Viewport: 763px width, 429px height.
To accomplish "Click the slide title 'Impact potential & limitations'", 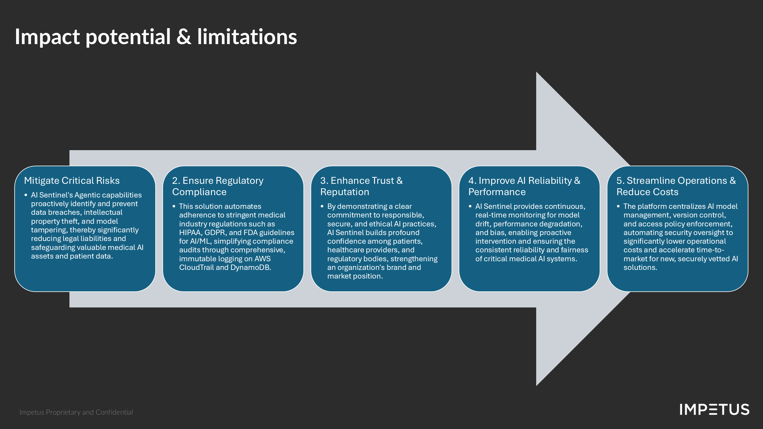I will (x=156, y=37).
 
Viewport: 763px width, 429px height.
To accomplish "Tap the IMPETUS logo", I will (x=714, y=410).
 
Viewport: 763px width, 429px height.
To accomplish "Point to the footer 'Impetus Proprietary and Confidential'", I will (x=76, y=412).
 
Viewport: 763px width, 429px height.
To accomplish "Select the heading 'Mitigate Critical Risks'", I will (x=72, y=181).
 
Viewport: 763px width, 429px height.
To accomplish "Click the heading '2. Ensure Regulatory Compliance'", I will (x=218, y=186).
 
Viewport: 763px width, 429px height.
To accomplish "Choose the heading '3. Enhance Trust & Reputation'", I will (x=361, y=186).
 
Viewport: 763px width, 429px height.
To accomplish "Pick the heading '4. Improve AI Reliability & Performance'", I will (x=524, y=186).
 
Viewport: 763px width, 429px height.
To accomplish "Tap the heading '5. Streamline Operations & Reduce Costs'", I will (x=676, y=186).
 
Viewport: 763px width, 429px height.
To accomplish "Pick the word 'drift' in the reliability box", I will (x=483, y=224).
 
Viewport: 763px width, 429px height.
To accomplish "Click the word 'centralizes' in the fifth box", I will (x=686, y=206).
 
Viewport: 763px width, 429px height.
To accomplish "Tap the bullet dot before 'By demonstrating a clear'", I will (x=322, y=206).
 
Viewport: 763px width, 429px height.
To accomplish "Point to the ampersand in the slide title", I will (x=184, y=37).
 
